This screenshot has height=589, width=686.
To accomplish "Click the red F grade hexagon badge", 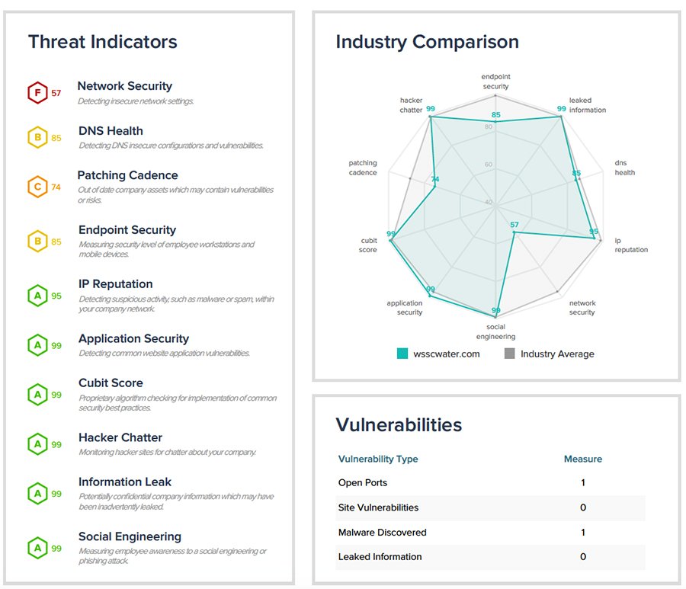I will tap(37, 93).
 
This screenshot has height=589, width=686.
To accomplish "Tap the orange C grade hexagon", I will tap(37, 187).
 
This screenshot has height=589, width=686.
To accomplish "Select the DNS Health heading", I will tap(111, 131).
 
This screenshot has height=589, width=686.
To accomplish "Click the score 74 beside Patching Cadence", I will tap(56, 187).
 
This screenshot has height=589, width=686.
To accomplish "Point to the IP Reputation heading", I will tap(115, 284).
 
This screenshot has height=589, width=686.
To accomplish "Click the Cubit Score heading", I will tap(111, 383).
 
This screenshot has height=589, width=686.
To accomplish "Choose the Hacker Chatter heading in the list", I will tap(120, 437).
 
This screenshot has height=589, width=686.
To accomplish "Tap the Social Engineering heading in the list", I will tap(130, 536).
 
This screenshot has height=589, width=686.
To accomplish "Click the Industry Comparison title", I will tap(427, 42).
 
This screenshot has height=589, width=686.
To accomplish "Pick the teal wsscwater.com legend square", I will tap(402, 354).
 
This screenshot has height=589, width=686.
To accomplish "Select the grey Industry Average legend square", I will tap(510, 354).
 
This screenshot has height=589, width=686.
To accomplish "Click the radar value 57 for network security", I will tap(514, 225).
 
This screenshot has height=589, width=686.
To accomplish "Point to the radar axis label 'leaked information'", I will tap(587, 105).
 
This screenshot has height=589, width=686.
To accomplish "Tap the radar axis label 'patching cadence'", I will tap(363, 168).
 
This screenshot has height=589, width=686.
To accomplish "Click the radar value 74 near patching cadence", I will tap(434, 180).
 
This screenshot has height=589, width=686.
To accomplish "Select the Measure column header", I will tap(582, 459).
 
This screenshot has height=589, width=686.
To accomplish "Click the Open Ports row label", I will tap(363, 483).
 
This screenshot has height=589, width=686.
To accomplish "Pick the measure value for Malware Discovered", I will tap(582, 533).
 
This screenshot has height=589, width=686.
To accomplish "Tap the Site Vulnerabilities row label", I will tap(378, 507).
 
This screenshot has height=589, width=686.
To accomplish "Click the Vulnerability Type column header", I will tap(378, 459).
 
